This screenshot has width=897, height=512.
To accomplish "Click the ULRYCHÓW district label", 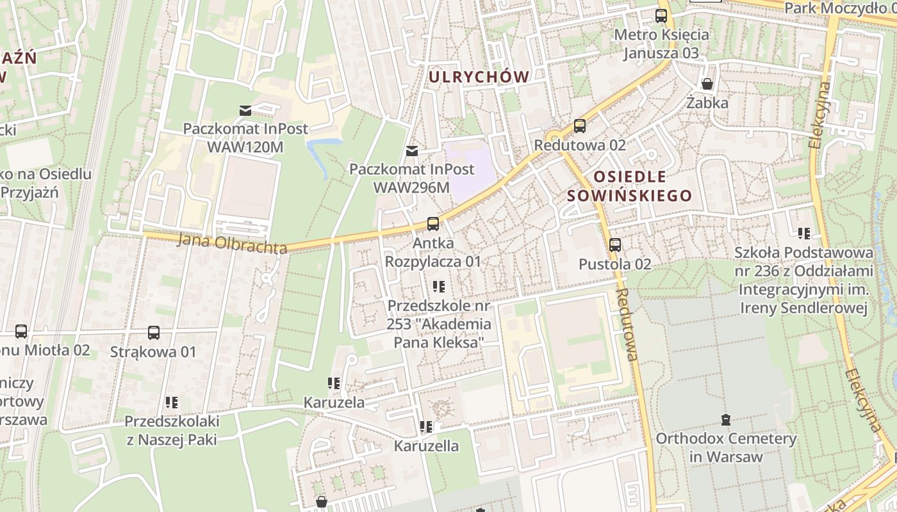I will click(479, 77).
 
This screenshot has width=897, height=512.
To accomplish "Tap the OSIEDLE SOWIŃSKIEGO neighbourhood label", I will click(630, 186).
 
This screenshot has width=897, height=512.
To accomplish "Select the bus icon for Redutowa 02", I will click(580, 126).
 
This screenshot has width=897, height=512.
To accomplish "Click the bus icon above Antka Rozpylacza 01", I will click(433, 224).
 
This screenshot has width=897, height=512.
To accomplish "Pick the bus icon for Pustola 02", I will click(615, 244).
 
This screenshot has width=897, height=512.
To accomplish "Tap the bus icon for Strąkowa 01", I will click(154, 333).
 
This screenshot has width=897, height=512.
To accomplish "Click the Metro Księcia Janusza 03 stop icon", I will click(661, 16).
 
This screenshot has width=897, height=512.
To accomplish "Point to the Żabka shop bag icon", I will click(707, 84).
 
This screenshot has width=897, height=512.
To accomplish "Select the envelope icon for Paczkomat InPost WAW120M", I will click(245, 110).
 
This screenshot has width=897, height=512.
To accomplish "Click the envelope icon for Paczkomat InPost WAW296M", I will click(412, 151).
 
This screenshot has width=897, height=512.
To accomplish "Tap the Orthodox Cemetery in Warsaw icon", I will click(726, 420).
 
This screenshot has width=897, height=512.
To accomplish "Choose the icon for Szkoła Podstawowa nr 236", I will click(804, 234).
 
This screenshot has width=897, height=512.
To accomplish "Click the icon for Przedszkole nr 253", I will click(439, 286).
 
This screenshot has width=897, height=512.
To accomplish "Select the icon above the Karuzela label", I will click(334, 383).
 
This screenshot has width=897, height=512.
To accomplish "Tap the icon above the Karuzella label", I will click(426, 426).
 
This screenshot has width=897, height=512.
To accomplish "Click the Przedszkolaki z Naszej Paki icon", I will click(172, 403).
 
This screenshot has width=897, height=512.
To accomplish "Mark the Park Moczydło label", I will click(839, 8).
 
